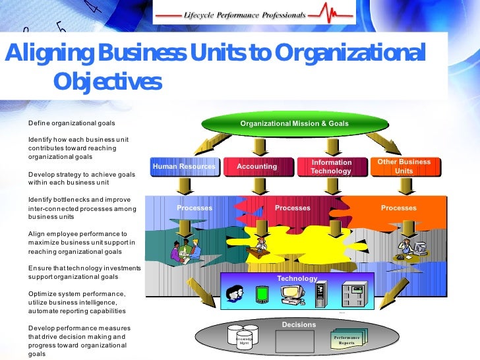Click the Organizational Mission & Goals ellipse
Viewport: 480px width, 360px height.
click(x=294, y=123)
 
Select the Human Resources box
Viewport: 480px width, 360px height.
click(x=184, y=167)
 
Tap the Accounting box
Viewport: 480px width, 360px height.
click(x=257, y=167)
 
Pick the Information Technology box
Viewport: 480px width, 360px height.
click(x=331, y=167)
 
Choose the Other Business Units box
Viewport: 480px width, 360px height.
click(x=404, y=166)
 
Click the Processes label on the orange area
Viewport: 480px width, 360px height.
click(x=398, y=208)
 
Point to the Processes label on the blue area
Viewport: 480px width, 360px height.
click(x=195, y=208)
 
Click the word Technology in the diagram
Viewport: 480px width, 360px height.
click(x=297, y=278)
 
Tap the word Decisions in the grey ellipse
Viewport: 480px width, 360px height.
click(x=299, y=324)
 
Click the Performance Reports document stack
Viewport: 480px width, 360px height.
click(x=348, y=340)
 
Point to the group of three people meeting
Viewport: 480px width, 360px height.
click(x=185, y=249)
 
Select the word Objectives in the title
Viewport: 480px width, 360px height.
click(x=107, y=82)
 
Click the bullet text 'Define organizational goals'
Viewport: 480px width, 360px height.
click(x=71, y=123)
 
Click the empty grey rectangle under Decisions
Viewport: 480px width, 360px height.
click(x=294, y=341)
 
